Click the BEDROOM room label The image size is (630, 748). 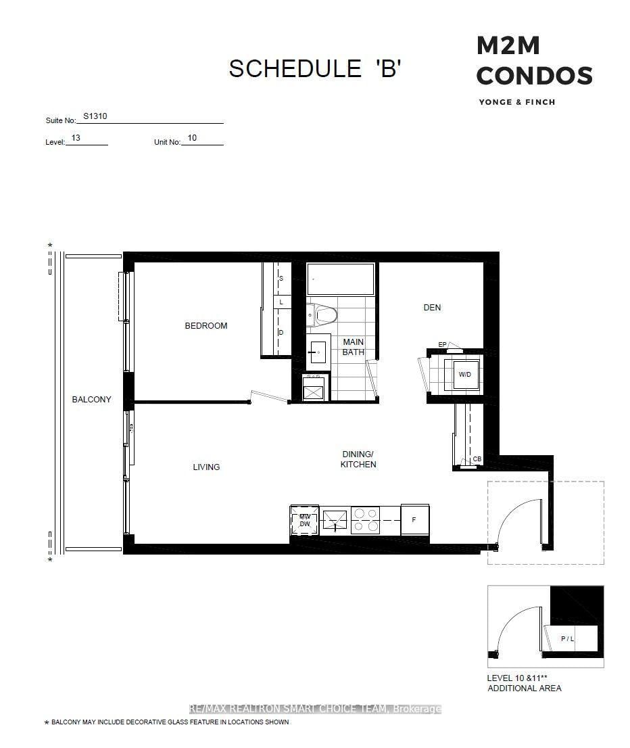click(206, 326)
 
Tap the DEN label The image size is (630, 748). click(432, 308)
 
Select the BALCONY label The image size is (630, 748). click(91, 400)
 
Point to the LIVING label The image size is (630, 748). click(206, 467)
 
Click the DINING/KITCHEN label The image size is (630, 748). click(358, 459)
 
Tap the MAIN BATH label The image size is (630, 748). click(353, 347)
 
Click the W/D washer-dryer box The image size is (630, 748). click(465, 374)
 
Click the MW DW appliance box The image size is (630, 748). click(304, 520)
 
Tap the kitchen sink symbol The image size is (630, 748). click(335, 520)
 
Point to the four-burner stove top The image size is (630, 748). click(365, 520)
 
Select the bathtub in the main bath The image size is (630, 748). click(340, 279)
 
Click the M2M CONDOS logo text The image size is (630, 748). click(534, 62)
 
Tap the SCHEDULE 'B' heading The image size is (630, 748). click(315, 69)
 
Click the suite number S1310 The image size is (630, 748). click(95, 116)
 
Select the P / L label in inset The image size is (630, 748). click(567, 638)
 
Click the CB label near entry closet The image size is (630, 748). click(477, 460)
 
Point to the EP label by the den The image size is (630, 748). click(442, 345)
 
